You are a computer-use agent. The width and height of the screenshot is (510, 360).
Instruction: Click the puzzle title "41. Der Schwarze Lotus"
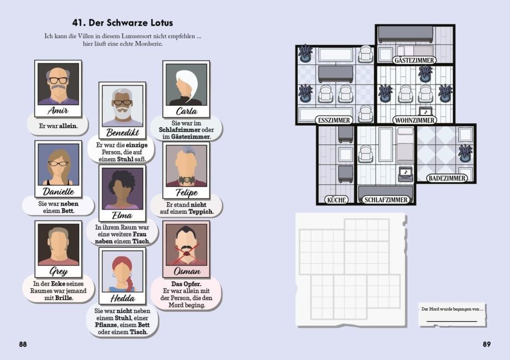tap(123, 23)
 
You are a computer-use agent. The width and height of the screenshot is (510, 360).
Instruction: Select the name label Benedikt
tap(122, 132)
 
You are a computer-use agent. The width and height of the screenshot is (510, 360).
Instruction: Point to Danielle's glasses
tap(58, 163)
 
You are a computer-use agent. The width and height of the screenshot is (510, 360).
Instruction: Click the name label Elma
tap(122, 214)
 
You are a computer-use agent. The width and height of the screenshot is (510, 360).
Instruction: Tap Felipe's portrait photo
tap(186, 166)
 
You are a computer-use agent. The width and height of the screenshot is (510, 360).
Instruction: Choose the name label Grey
tap(58, 272)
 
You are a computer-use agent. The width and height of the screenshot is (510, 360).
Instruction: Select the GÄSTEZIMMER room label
tap(414, 60)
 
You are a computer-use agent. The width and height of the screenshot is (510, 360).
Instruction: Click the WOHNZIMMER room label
tap(414, 120)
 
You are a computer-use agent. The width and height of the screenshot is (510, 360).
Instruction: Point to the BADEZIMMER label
tap(447, 178)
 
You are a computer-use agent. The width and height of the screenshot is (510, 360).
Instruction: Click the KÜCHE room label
tap(337, 199)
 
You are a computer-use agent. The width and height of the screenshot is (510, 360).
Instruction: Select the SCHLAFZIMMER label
tap(386, 199)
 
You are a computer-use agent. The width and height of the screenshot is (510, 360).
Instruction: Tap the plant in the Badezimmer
tap(465, 153)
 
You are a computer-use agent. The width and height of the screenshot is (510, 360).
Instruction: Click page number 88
tap(23, 344)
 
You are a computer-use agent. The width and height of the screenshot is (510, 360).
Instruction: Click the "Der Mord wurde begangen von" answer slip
tap(452, 315)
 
